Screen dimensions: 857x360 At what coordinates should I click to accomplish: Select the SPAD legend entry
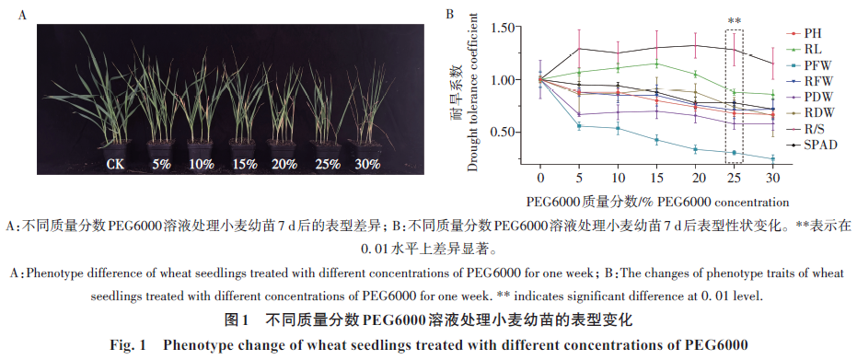click(811, 145)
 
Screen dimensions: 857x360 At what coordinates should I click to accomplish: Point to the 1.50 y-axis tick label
click(503, 27)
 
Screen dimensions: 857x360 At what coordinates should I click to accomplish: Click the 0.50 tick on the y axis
click(503, 133)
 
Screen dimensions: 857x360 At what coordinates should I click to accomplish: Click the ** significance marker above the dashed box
click(734, 22)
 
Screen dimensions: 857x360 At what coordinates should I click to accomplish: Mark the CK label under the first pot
click(115, 164)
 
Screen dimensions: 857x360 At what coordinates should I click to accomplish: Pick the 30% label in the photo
click(366, 164)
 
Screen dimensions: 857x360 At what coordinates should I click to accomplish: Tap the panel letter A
click(22, 16)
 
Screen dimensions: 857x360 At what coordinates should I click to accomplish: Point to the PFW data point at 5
click(579, 126)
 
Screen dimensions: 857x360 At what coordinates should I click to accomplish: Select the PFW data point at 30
click(773, 159)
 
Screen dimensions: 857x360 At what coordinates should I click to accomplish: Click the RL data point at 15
click(656, 64)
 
